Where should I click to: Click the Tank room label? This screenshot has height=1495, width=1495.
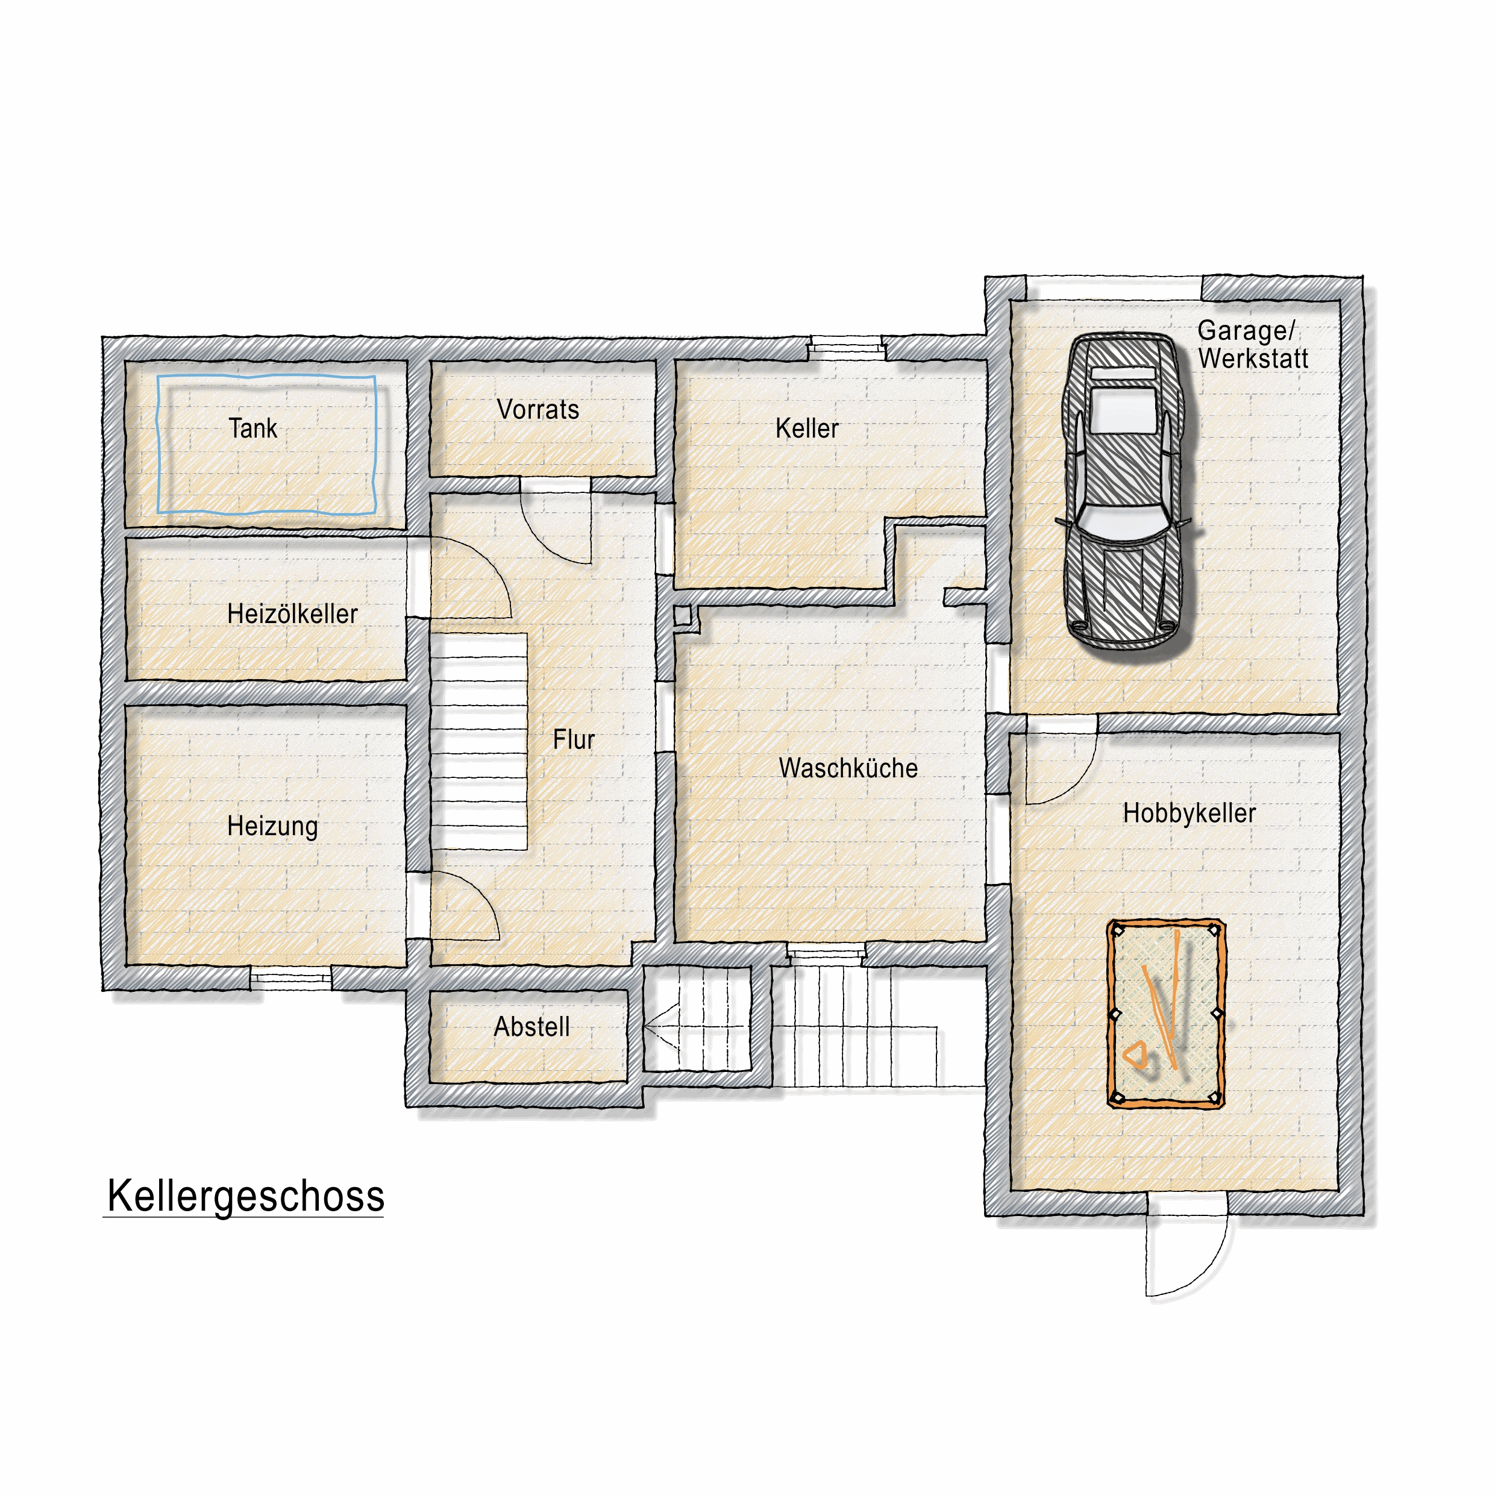[x=252, y=428]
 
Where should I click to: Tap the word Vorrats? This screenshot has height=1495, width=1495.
[x=538, y=409]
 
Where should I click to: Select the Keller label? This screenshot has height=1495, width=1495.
[x=807, y=428]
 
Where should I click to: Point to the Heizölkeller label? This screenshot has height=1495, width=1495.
[x=292, y=613]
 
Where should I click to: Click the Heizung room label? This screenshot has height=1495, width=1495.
[x=272, y=826]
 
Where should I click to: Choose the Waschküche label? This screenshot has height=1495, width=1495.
[x=848, y=768]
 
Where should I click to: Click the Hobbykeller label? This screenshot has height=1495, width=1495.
[x=1189, y=813]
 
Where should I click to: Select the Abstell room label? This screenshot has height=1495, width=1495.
[x=531, y=1027]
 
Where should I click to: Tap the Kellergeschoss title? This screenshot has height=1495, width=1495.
[x=245, y=1196]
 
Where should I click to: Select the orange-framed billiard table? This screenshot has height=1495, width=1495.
[x=1166, y=1014]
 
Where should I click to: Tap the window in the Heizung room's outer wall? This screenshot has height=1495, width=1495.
[x=291, y=978]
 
